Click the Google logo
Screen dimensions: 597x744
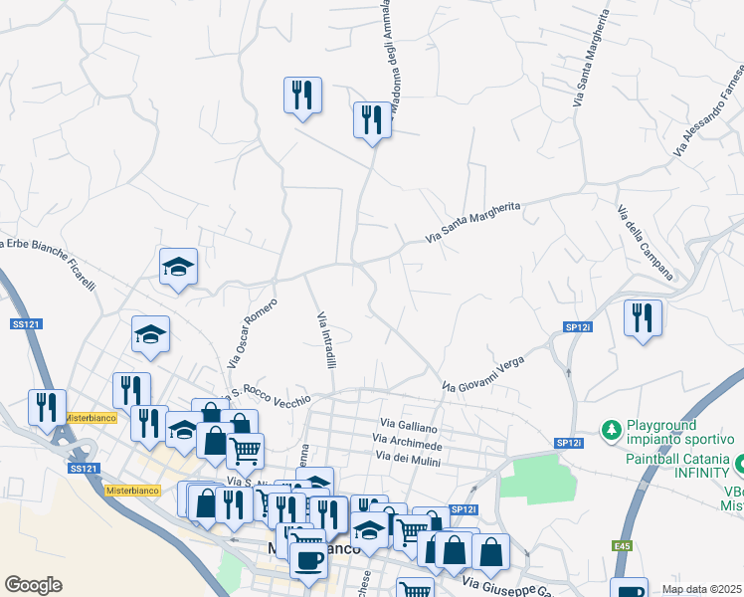(x=33, y=585)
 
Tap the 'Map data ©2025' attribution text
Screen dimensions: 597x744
(x=700, y=589)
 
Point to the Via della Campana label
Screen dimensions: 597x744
(x=645, y=242)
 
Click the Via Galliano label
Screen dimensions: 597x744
(x=406, y=427)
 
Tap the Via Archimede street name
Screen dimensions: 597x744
(x=407, y=441)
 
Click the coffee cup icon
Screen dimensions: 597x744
(x=308, y=559)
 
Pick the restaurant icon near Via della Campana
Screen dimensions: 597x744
(x=643, y=318)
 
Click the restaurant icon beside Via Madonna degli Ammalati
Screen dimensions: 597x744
(x=372, y=120)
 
